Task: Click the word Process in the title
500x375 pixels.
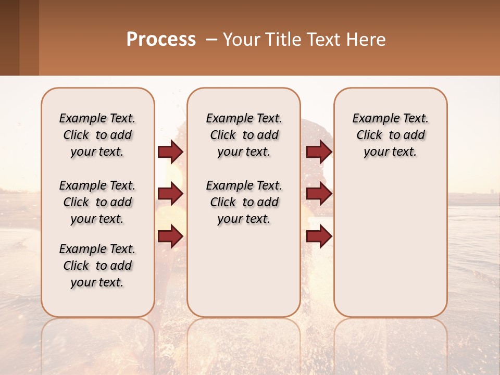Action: (x=161, y=39)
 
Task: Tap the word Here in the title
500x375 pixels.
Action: (x=365, y=39)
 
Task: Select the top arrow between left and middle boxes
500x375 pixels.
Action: (x=170, y=152)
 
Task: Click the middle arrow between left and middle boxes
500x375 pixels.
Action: (x=170, y=194)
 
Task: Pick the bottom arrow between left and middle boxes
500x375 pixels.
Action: (x=170, y=236)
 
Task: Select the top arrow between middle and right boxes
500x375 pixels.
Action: (x=319, y=152)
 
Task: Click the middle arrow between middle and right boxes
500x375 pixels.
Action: (x=319, y=194)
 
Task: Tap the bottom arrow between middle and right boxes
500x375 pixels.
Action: (x=319, y=236)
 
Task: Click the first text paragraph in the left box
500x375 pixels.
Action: (x=97, y=135)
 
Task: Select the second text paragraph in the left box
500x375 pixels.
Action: (x=97, y=202)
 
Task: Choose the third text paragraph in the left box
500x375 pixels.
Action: (x=97, y=266)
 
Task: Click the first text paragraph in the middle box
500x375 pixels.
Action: (x=244, y=135)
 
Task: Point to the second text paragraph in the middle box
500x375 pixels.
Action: (x=244, y=202)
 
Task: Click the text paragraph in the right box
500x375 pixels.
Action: (x=390, y=135)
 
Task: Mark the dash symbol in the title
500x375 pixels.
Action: (x=211, y=40)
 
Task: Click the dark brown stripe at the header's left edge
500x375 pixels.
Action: (x=9, y=37)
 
